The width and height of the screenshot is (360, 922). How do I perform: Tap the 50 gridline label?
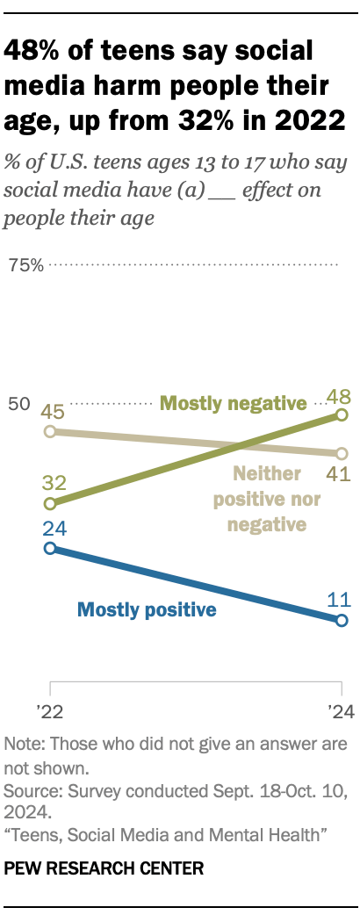coord(20,405)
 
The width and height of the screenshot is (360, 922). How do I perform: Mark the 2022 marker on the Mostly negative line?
coord(50,504)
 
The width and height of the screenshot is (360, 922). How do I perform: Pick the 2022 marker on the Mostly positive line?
coord(50,548)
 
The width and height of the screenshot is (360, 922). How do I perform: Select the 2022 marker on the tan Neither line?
coord(50,431)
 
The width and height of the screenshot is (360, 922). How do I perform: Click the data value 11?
coord(340,601)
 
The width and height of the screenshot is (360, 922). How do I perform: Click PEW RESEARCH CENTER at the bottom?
coord(104,868)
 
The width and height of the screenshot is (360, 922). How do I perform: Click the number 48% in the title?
coord(34,51)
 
